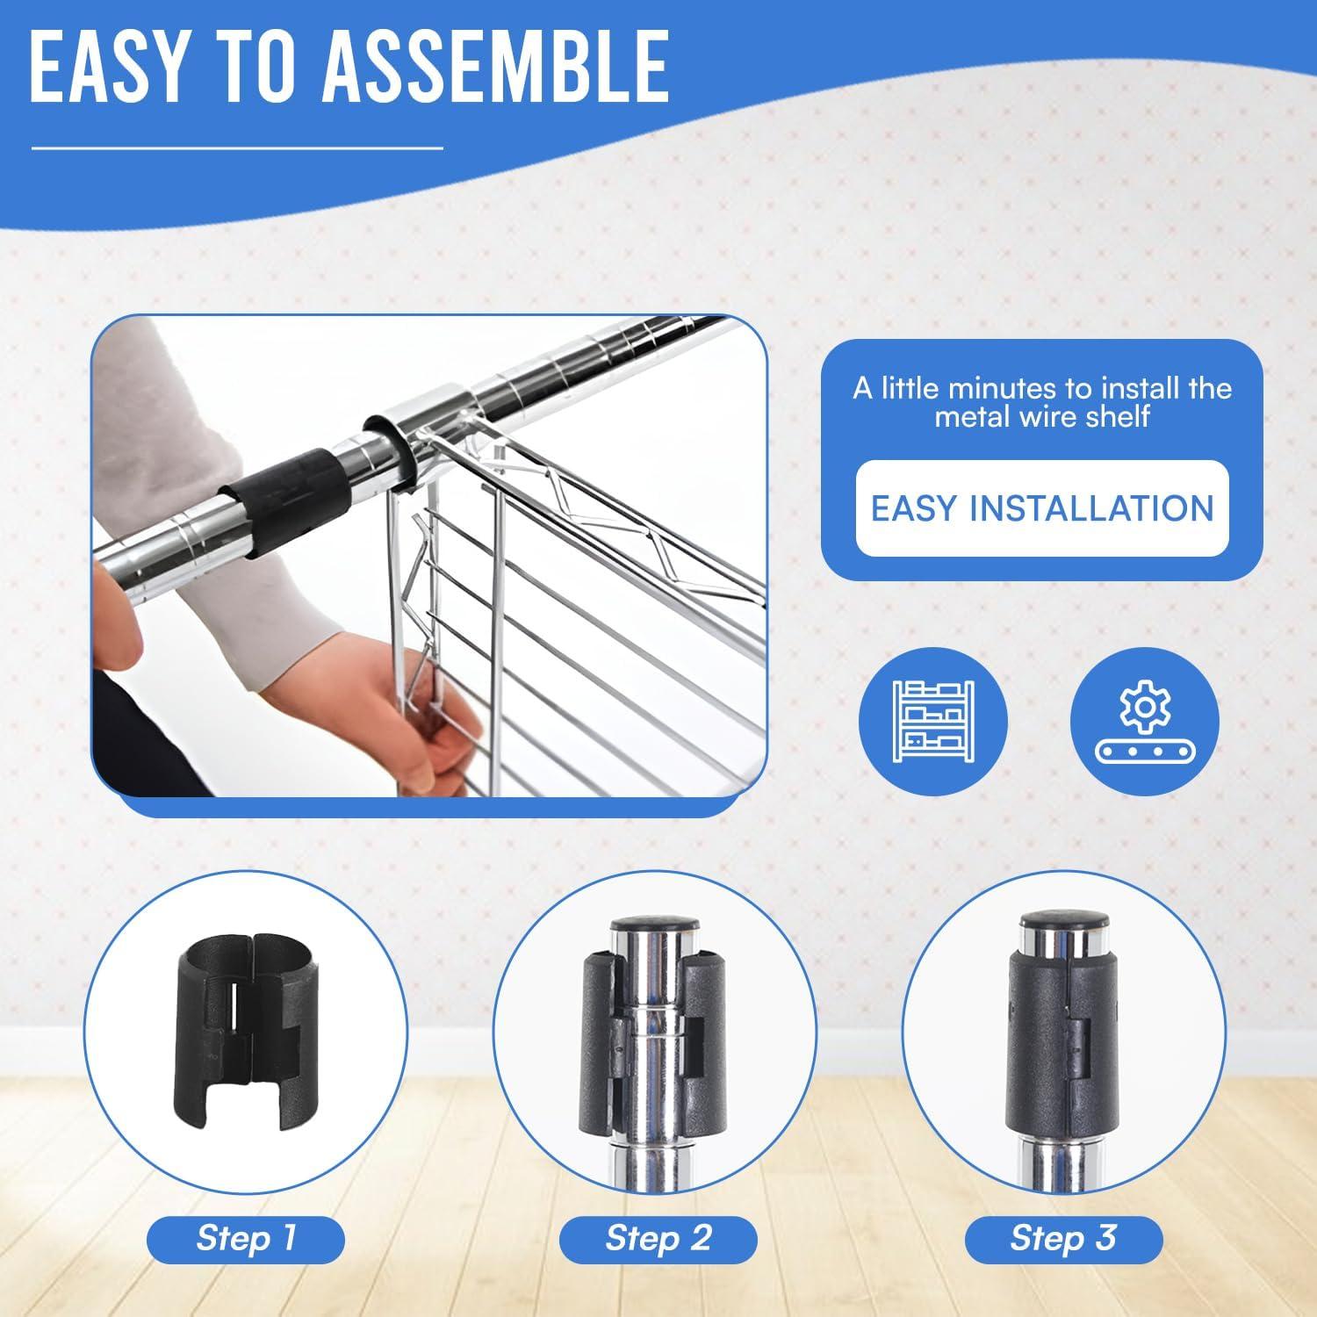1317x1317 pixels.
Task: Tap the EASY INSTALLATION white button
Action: pos(1042,508)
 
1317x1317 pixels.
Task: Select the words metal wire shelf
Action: pos(1042,416)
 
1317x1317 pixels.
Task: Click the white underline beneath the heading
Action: pos(237,148)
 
